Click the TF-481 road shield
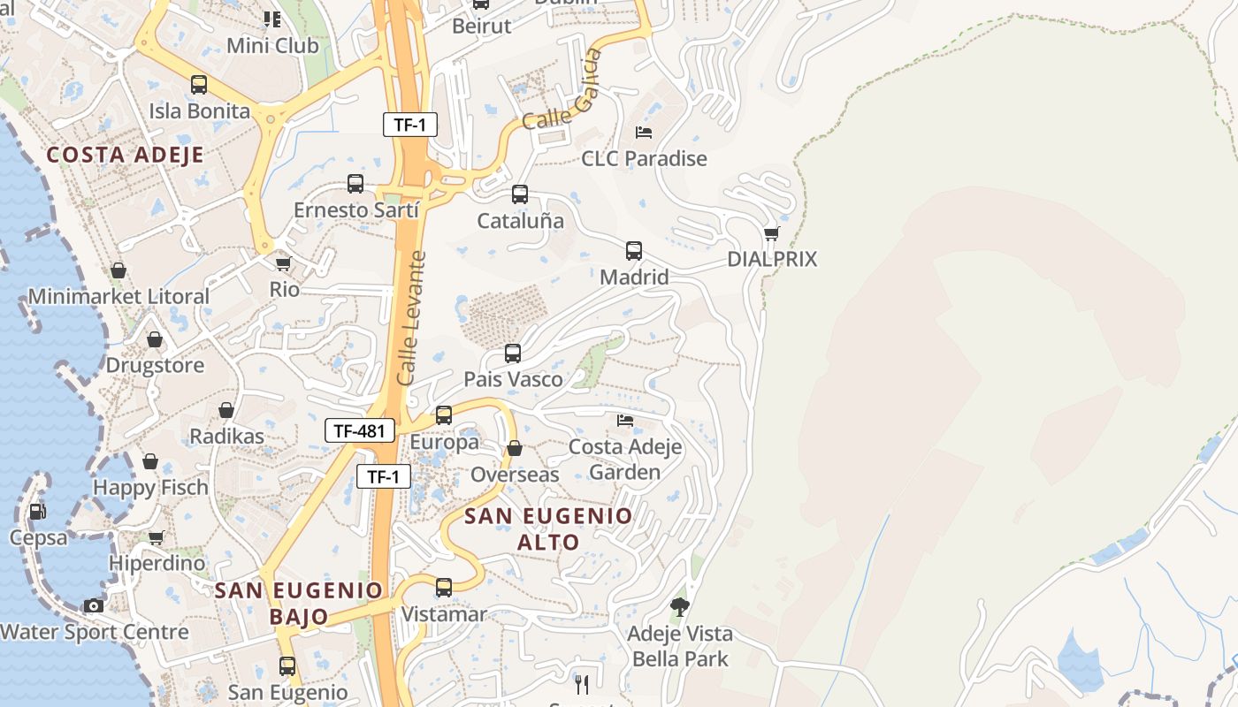(x=359, y=430)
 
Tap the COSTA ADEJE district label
(x=125, y=156)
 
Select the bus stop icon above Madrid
(x=633, y=250)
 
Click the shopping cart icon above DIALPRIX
(x=771, y=233)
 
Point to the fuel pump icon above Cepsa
(x=37, y=511)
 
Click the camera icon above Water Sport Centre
(x=93, y=605)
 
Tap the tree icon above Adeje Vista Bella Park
(x=679, y=606)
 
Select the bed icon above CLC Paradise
(x=644, y=133)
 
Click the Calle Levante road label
(x=411, y=318)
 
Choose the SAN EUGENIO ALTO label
(x=548, y=528)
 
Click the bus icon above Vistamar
(x=444, y=587)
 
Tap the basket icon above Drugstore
(x=155, y=339)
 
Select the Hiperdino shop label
(x=157, y=563)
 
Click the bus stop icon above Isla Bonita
(x=199, y=85)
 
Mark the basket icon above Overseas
(x=514, y=449)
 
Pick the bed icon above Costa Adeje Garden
(x=625, y=420)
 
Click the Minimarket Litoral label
(x=118, y=296)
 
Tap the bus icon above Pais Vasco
(x=512, y=353)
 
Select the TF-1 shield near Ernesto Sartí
(x=409, y=125)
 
